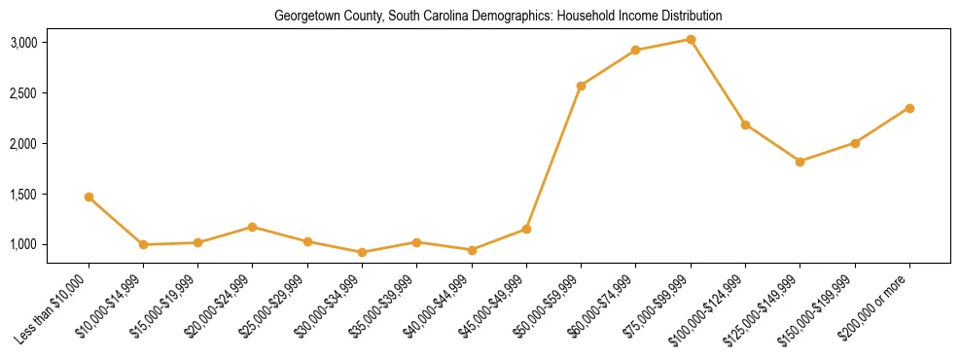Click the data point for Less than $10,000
coord(89,197)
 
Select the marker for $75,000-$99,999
coord(691,39)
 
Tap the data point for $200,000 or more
coord(909,108)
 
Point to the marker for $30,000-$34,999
coord(362,252)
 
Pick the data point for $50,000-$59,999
coord(581,86)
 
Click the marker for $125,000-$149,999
coord(800,162)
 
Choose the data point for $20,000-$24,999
coord(253,227)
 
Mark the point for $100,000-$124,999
coord(745,125)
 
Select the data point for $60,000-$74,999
coord(635,50)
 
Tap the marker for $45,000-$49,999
coord(526,229)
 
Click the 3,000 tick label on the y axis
coord(51,43)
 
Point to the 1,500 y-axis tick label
coord(51,195)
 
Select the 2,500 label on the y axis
coord(51,93)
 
